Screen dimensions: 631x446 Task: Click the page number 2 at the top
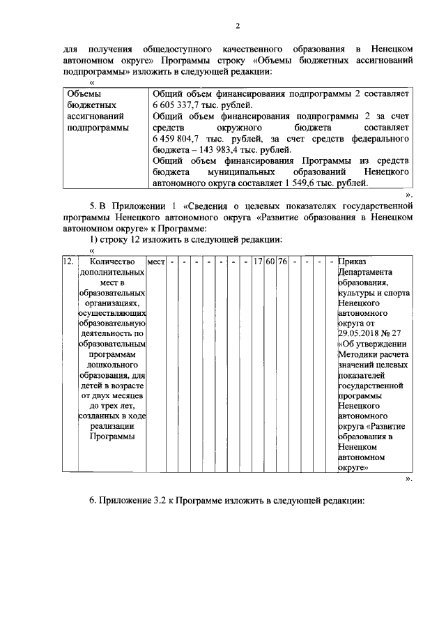click(x=237, y=26)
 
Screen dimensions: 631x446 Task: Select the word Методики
click(x=359, y=355)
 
